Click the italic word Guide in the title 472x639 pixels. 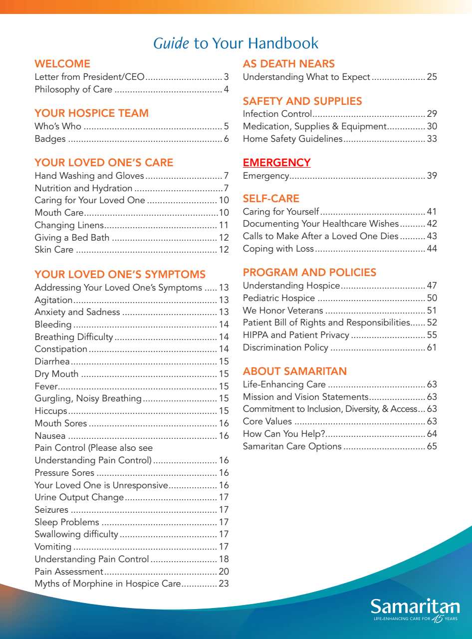(x=171, y=43)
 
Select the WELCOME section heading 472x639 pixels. (x=62, y=64)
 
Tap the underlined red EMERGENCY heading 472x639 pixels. (x=276, y=163)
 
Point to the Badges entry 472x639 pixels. (x=50, y=139)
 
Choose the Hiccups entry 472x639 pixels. (x=51, y=411)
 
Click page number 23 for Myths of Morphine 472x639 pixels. (x=224, y=584)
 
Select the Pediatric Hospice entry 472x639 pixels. (x=278, y=298)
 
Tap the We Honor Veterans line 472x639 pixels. (x=283, y=311)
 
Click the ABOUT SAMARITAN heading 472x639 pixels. (x=294, y=371)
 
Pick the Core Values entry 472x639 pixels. (x=267, y=421)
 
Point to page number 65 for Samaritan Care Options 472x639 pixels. (x=432, y=446)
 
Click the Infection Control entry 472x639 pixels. (x=277, y=114)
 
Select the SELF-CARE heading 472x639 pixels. (x=271, y=199)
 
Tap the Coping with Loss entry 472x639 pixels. (x=278, y=249)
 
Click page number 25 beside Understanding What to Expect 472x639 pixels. (x=432, y=77)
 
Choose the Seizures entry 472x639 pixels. (x=51, y=510)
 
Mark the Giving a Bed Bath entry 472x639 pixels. (x=72, y=238)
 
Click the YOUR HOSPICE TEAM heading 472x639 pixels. (x=91, y=113)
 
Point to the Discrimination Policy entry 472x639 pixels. (x=285, y=347)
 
